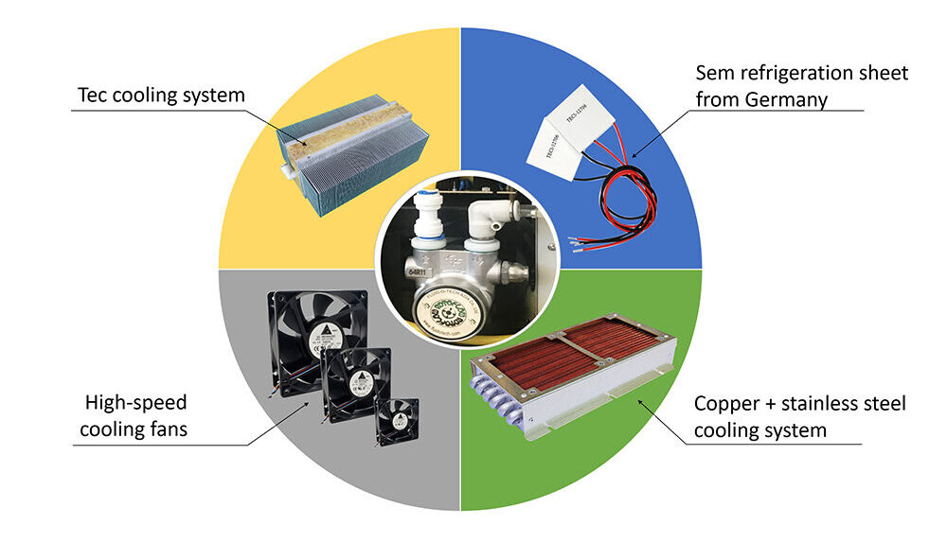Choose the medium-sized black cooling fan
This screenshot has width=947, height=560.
tap(357, 383)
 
